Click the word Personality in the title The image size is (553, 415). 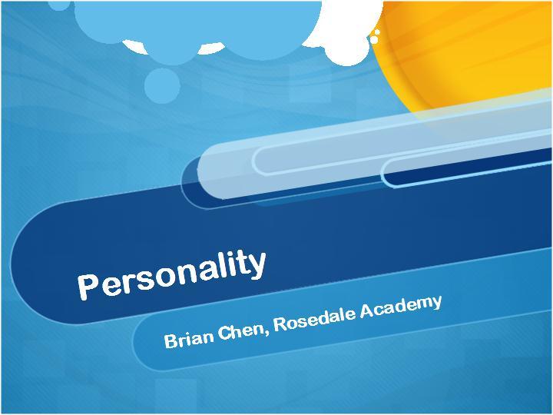tap(172, 274)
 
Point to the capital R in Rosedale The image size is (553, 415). tap(281, 324)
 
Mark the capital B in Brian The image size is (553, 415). tap(171, 341)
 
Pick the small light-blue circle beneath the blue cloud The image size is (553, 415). tap(162, 86)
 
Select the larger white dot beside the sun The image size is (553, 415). tap(374, 39)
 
